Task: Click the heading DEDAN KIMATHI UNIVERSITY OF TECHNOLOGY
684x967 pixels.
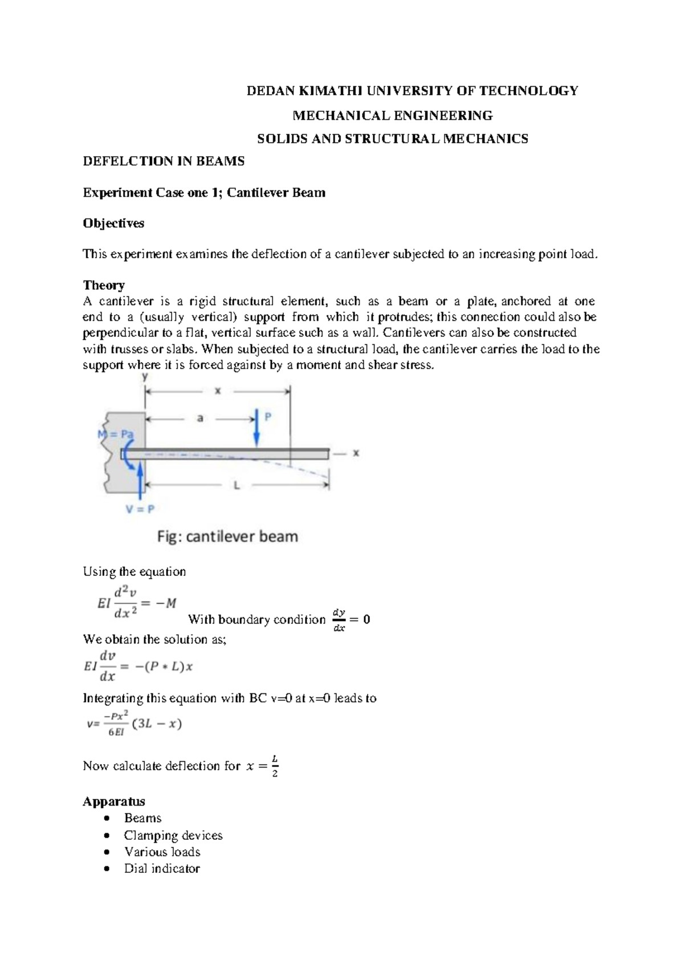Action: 412,91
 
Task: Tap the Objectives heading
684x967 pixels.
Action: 113,223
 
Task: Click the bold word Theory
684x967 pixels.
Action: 104,285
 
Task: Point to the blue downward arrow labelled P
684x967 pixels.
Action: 257,427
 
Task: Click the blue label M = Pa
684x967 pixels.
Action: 116,434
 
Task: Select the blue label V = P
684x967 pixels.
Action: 140,509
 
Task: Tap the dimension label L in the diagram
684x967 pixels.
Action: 237,485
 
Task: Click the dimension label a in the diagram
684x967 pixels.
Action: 200,419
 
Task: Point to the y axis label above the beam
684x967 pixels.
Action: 145,377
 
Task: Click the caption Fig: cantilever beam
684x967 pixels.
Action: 227,537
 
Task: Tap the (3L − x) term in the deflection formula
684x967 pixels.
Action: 157,724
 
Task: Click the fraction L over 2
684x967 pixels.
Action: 275,766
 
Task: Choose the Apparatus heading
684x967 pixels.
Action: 114,801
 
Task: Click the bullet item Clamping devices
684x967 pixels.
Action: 173,835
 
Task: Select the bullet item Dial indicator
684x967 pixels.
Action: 162,868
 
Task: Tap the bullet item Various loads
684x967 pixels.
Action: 162,852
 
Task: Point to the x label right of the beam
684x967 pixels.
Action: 356,453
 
